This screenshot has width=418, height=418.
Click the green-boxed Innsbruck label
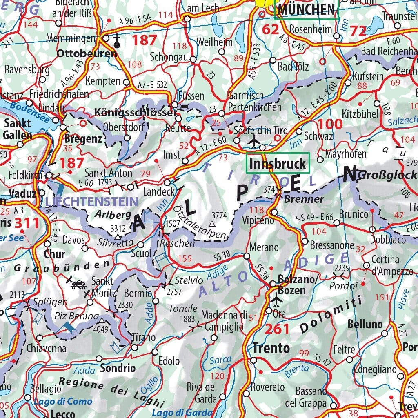point(278,164)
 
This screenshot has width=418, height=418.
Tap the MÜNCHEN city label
point(306,9)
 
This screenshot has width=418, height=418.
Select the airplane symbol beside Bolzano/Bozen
point(277,300)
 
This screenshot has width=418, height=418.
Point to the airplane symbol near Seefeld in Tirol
point(254,141)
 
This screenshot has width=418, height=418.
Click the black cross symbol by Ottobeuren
point(117,41)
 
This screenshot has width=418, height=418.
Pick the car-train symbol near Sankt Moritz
point(78,284)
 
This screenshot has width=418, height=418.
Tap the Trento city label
point(271,348)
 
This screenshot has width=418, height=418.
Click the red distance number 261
point(278,329)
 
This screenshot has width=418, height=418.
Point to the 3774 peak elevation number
point(219,214)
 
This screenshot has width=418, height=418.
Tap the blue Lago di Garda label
point(182,413)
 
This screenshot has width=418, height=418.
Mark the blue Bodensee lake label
point(30,112)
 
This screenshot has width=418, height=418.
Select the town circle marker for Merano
point(247,256)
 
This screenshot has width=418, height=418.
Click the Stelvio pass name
point(189,280)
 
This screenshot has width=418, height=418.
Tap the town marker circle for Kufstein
point(348,83)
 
